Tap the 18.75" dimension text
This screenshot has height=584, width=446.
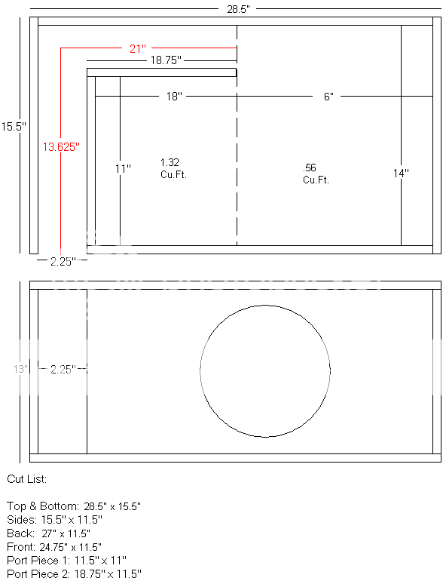[165, 60]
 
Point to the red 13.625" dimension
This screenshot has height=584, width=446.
[60, 147]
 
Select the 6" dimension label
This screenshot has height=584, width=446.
[328, 97]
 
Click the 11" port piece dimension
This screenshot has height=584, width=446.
[123, 169]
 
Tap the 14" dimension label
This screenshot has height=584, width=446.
[401, 173]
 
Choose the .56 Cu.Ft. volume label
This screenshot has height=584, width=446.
[316, 174]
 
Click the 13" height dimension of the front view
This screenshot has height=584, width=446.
[20, 369]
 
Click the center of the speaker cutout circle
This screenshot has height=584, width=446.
[265, 370]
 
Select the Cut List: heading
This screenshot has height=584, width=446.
[26, 479]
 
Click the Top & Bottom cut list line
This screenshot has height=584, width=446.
[73, 505]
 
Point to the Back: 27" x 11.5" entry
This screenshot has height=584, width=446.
[48, 533]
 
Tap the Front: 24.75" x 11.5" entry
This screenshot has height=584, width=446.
[53, 546]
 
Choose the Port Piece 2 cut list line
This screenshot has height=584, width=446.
[73, 574]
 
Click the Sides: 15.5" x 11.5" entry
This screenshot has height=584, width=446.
[53, 519]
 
